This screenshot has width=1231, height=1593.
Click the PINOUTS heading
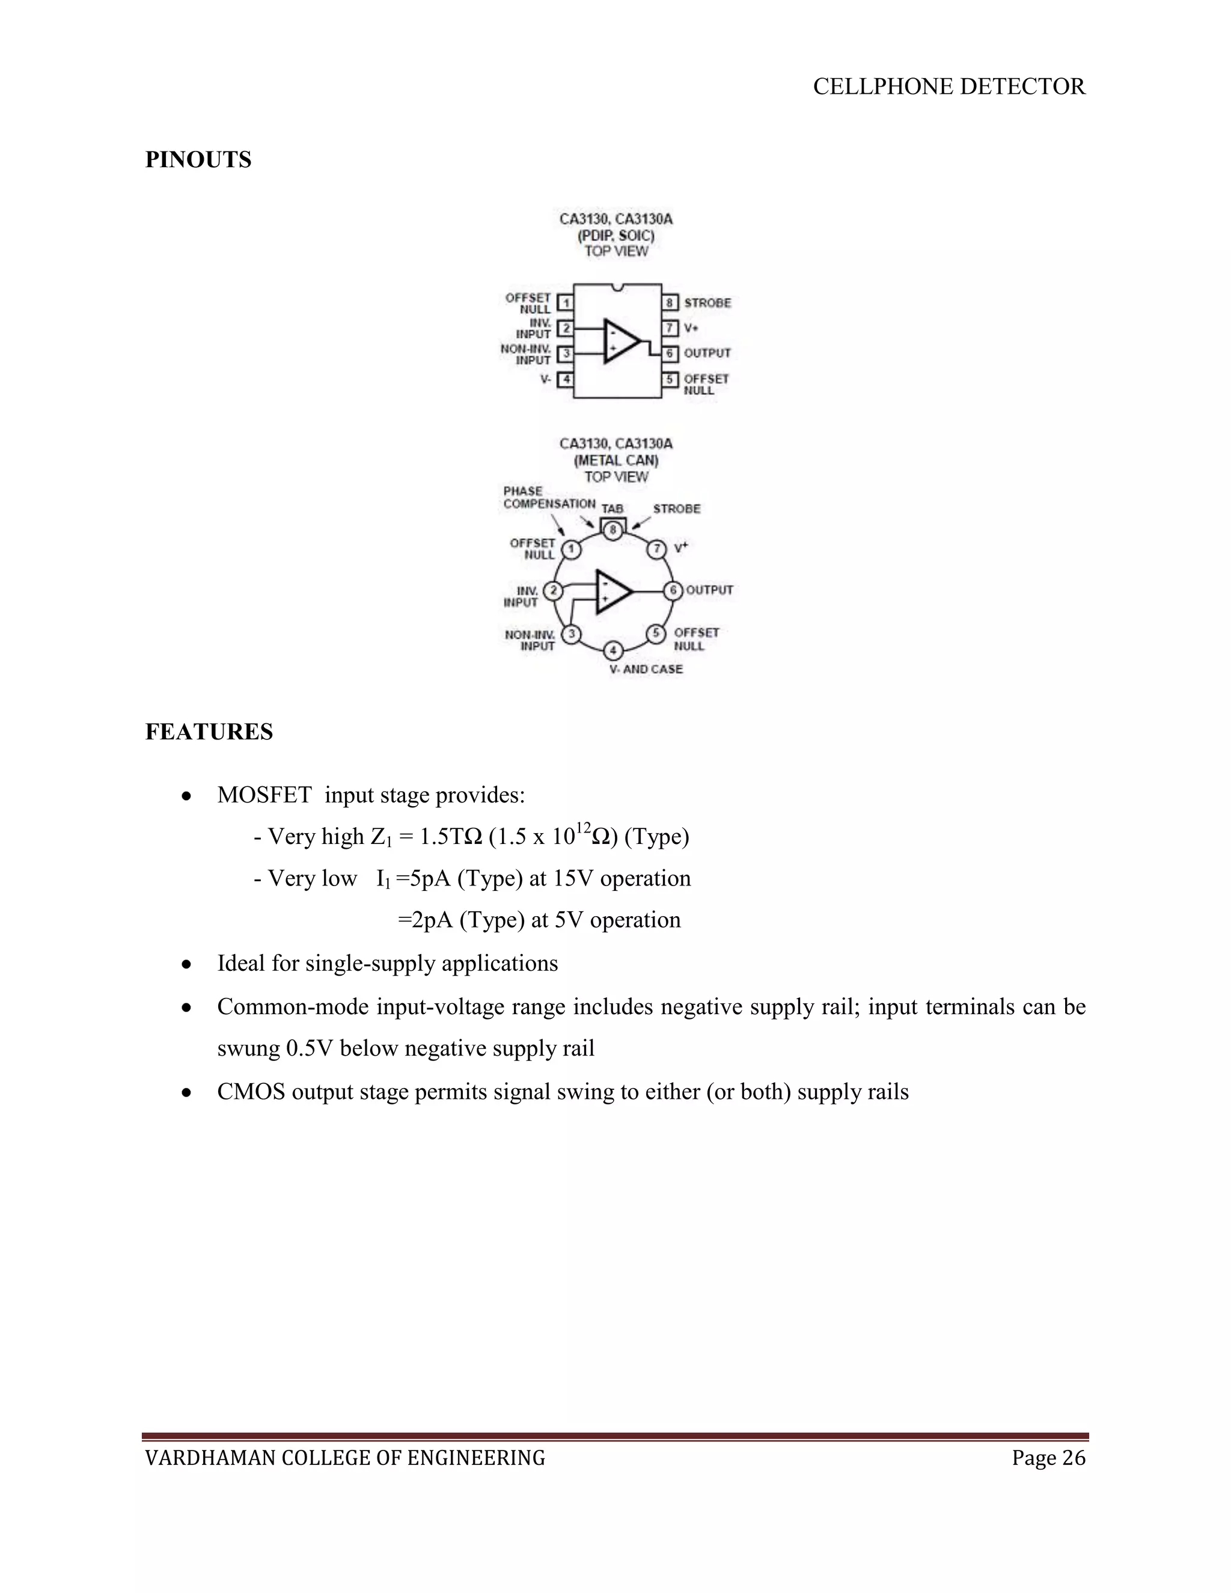pyautogui.click(x=198, y=160)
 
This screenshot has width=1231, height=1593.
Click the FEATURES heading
pyautogui.click(x=209, y=732)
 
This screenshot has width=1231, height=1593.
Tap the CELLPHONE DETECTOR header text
pyautogui.click(x=948, y=87)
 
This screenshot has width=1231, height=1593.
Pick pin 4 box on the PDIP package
pyautogui.click(x=565, y=380)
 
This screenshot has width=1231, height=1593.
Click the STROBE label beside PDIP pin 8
pyautogui.click(x=707, y=303)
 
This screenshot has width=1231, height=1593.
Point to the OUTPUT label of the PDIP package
pyautogui.click(x=707, y=353)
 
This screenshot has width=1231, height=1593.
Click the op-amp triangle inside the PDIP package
pyautogui.click(x=619, y=341)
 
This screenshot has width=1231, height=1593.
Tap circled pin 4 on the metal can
pyautogui.click(x=613, y=650)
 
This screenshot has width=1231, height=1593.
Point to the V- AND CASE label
pyautogui.click(x=646, y=669)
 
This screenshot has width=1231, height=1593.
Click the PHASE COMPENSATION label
pyautogui.click(x=548, y=498)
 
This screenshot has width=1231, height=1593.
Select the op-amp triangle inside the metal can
pyautogui.click(x=612, y=590)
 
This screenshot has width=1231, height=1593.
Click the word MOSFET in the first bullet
pyautogui.click(x=264, y=795)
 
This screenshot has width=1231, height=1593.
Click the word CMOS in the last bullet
pyautogui.click(x=251, y=1092)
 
